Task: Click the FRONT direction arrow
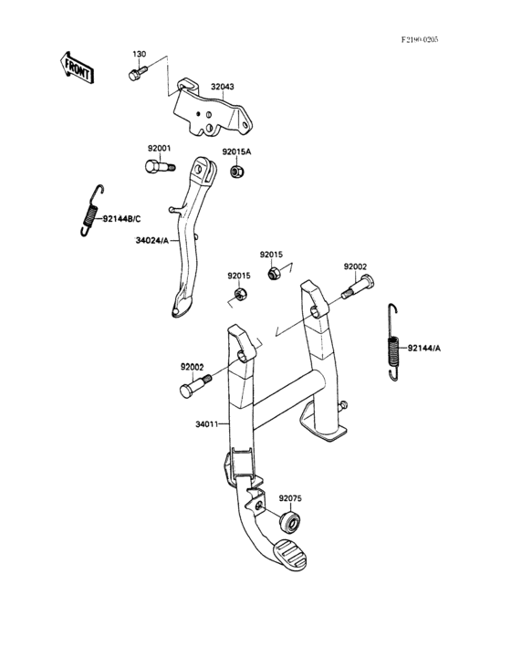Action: tap(76, 68)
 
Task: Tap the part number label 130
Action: tap(139, 54)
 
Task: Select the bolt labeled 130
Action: tap(137, 73)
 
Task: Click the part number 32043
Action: tap(223, 87)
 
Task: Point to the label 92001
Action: tap(160, 149)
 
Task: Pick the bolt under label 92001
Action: tap(160, 166)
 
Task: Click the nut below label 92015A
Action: tap(236, 172)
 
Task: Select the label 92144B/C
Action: tap(121, 219)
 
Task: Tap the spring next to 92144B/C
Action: tap(91, 211)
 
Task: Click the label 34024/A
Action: tap(152, 241)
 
